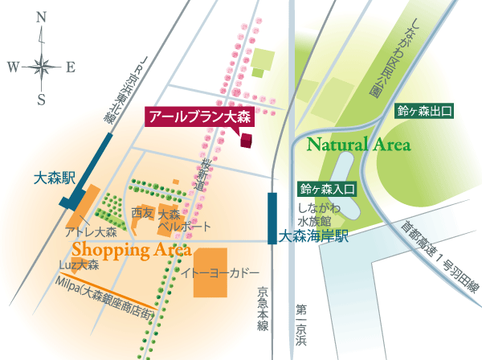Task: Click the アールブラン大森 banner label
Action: (200, 117)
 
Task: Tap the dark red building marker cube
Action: (246, 139)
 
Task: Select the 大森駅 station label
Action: (55, 175)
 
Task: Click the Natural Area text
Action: (358, 145)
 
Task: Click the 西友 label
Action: (141, 215)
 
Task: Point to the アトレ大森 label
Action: (91, 232)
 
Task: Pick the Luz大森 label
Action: (79, 264)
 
